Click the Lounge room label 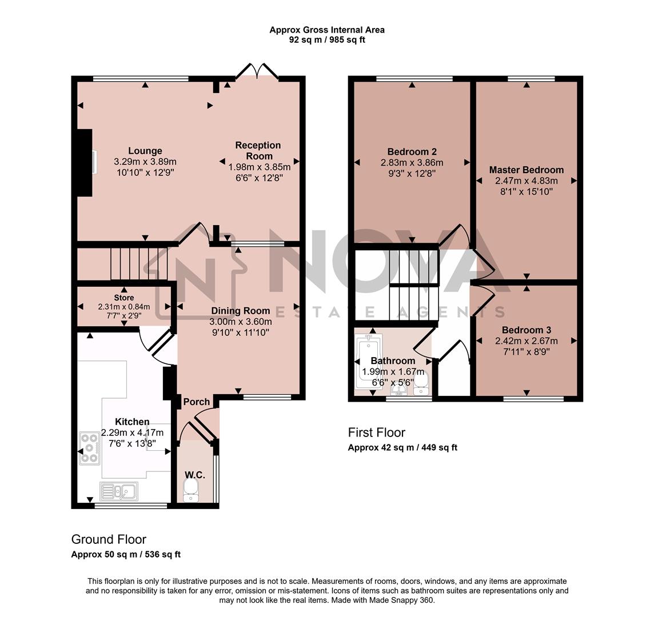click(x=145, y=151)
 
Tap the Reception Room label click(x=258, y=151)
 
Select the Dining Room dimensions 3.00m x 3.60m click(x=240, y=322)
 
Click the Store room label click(x=124, y=298)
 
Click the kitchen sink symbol click(x=118, y=491)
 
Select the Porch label click(x=197, y=402)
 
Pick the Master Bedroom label click(x=526, y=170)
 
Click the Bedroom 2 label click(x=412, y=151)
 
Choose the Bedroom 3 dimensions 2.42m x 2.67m click(x=526, y=341)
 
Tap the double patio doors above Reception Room click(x=258, y=71)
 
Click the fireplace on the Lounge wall click(x=85, y=163)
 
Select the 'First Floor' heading click(x=377, y=432)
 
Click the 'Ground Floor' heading click(x=109, y=539)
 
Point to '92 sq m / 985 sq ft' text click(x=326, y=40)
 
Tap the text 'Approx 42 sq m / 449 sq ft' click(x=402, y=448)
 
